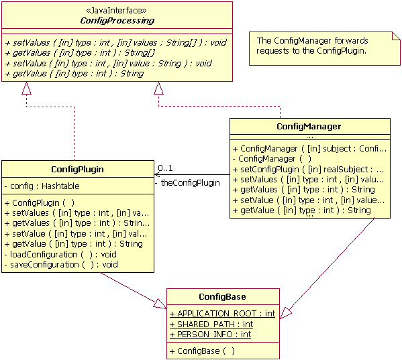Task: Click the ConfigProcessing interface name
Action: click(117, 21)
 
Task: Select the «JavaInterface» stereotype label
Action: click(117, 11)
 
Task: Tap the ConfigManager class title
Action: click(309, 126)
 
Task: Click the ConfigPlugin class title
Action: click(77, 169)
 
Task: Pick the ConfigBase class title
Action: click(222, 296)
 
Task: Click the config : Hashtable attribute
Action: click(42, 186)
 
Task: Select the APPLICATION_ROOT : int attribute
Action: click(222, 313)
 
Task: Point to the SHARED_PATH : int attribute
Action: click(211, 324)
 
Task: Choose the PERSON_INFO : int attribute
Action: click(210, 335)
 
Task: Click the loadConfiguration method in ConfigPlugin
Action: click(60, 255)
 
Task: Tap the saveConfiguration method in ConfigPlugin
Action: click(61, 265)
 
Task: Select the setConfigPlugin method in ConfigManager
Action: click(308, 169)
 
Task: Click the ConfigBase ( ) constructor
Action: click(202, 351)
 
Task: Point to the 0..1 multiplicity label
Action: click(165, 168)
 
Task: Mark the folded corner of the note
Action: click(396, 36)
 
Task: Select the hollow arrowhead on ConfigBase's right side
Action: click(285, 313)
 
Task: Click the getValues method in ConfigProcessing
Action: click(80, 53)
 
